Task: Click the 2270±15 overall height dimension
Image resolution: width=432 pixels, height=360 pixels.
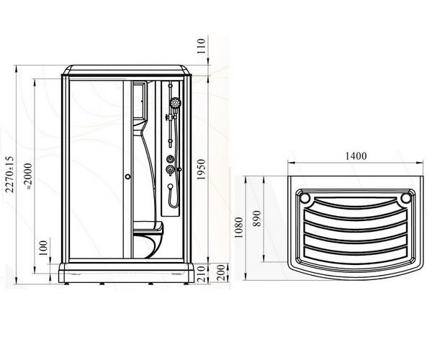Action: pyautogui.click(x=9, y=174)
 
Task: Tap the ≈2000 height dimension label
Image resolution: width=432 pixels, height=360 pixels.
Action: pyautogui.click(x=29, y=176)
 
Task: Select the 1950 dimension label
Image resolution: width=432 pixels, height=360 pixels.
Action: pyautogui.click(x=202, y=170)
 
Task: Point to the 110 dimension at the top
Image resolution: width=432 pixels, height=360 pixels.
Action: pyautogui.click(x=202, y=46)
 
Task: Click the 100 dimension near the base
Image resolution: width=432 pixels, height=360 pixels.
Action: pyautogui.click(x=43, y=248)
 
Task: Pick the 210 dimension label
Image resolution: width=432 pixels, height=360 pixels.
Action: pyautogui.click(x=202, y=274)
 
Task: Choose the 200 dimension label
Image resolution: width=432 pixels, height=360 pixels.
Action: pyautogui.click(x=221, y=273)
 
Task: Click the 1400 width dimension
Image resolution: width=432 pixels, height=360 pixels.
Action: pyautogui.click(x=356, y=156)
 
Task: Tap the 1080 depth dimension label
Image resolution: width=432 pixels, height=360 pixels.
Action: pyautogui.click(x=238, y=228)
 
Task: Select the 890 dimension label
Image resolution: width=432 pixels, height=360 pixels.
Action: pyautogui.click(x=257, y=218)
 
